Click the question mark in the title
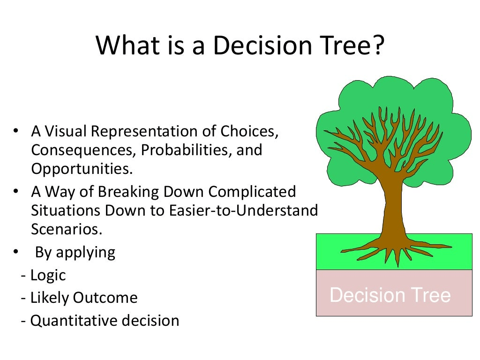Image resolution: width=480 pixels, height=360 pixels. pos(379,45)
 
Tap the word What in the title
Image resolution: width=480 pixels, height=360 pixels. pos(128,45)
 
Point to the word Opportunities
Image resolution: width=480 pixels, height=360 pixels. pos(82,169)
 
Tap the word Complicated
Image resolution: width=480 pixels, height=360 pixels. pos(252,192)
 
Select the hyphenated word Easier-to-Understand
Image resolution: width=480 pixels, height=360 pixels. pos(243,210)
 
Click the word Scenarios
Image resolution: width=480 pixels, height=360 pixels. pos(67,229)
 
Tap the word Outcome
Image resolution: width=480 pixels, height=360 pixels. pos(105,298)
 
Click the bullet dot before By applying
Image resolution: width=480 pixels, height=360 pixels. pos(16,252)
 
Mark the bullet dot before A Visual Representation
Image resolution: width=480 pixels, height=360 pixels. pos(16,131)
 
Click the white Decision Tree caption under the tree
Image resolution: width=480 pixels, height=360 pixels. pos(390,295)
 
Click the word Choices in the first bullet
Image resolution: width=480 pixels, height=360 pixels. pos(249,132)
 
